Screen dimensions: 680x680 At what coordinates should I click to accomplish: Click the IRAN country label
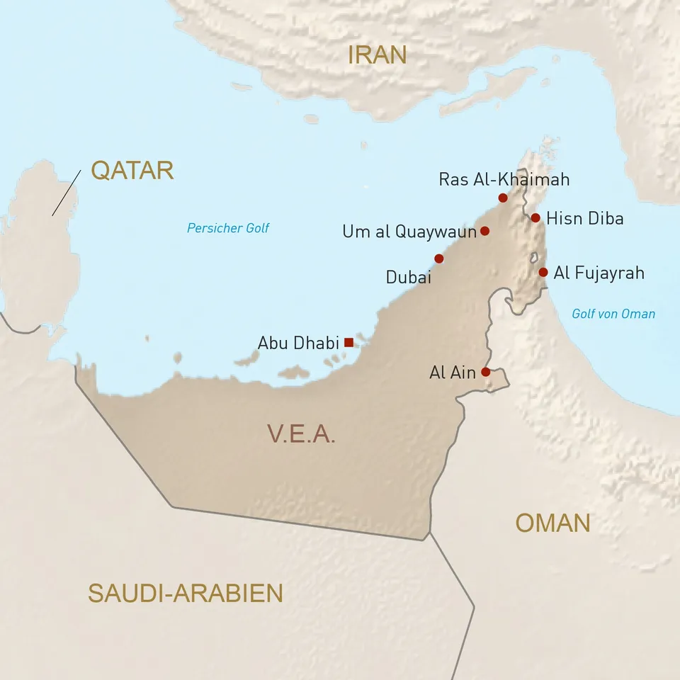(x=378, y=55)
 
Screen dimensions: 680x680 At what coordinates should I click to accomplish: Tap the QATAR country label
(x=132, y=170)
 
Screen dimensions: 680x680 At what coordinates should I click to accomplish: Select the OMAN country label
(x=552, y=523)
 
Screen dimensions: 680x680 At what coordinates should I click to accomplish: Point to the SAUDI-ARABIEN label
(x=185, y=593)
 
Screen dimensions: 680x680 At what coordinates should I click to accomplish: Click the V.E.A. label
(x=301, y=433)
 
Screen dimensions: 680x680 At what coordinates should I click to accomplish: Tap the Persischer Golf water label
(x=228, y=228)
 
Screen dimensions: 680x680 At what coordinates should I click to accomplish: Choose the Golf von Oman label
(x=613, y=314)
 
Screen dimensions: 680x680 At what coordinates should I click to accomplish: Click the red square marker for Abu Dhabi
(x=348, y=342)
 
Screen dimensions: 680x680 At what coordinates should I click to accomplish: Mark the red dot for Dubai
(x=439, y=259)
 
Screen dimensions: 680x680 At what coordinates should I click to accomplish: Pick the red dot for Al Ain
(x=485, y=371)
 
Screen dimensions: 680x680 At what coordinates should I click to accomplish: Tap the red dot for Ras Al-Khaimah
(x=503, y=198)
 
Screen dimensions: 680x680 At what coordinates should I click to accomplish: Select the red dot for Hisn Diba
(x=535, y=217)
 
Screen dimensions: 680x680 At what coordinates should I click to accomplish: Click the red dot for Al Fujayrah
(x=543, y=272)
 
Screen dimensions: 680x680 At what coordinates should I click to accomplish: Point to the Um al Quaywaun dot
(x=484, y=231)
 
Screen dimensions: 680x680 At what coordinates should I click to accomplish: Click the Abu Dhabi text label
(x=298, y=343)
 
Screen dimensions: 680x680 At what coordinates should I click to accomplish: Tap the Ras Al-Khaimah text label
(x=504, y=179)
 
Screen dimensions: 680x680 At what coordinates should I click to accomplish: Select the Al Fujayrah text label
(x=599, y=273)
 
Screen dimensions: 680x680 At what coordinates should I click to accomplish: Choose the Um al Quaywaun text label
(x=409, y=232)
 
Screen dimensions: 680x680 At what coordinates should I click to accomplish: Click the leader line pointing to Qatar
(x=66, y=192)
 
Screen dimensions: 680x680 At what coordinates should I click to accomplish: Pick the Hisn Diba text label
(x=585, y=218)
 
